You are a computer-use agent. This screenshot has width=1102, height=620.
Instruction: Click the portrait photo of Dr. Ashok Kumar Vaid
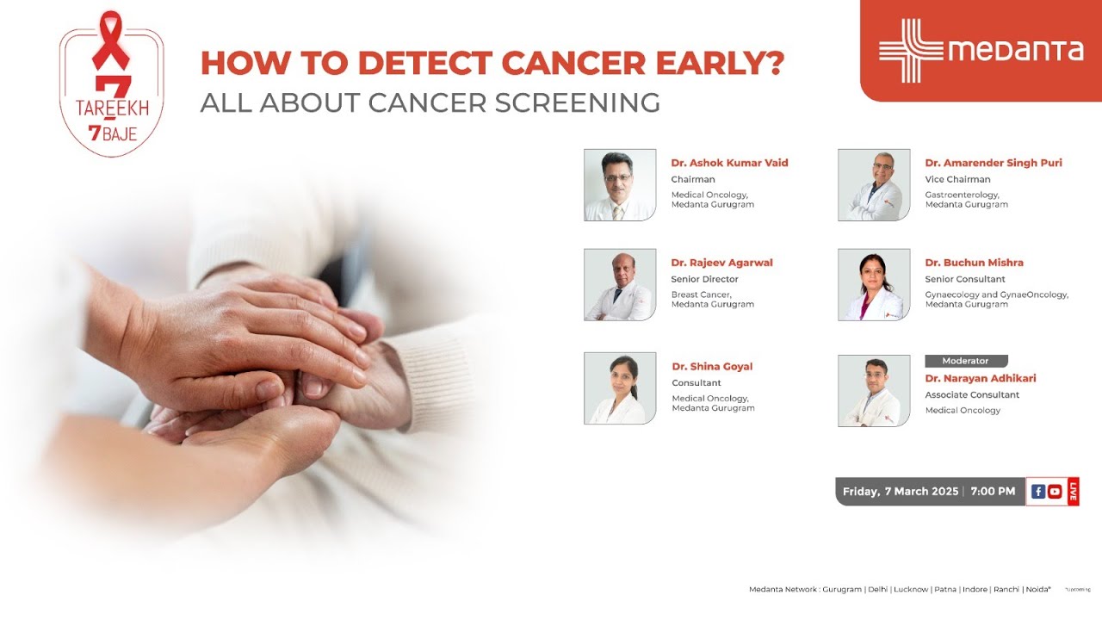tap(620, 185)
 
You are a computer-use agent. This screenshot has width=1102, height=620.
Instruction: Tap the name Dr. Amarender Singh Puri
tap(993, 163)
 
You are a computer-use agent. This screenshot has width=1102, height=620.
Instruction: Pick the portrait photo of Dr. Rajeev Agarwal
tap(620, 285)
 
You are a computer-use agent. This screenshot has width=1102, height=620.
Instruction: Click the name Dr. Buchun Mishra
tap(974, 263)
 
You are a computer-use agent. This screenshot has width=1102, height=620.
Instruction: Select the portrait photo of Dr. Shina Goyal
tap(620, 388)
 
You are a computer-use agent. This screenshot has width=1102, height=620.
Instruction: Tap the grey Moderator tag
tap(966, 361)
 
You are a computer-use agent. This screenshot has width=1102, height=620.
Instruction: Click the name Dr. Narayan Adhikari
tap(980, 378)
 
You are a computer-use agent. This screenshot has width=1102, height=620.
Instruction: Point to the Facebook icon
tap(1038, 492)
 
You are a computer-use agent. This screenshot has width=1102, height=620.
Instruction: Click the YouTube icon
tap(1055, 492)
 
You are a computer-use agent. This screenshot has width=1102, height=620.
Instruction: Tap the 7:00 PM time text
tap(993, 492)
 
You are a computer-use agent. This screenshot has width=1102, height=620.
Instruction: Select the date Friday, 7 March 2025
tap(901, 492)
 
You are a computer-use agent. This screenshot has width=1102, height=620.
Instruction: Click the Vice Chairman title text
tap(957, 180)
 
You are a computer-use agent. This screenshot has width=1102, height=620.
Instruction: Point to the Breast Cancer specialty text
tap(701, 294)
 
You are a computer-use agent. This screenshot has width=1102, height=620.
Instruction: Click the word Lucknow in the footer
tap(911, 589)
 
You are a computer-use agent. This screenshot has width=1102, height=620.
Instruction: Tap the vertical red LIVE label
tap(1073, 492)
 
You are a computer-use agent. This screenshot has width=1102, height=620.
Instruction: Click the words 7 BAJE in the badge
tap(112, 134)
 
